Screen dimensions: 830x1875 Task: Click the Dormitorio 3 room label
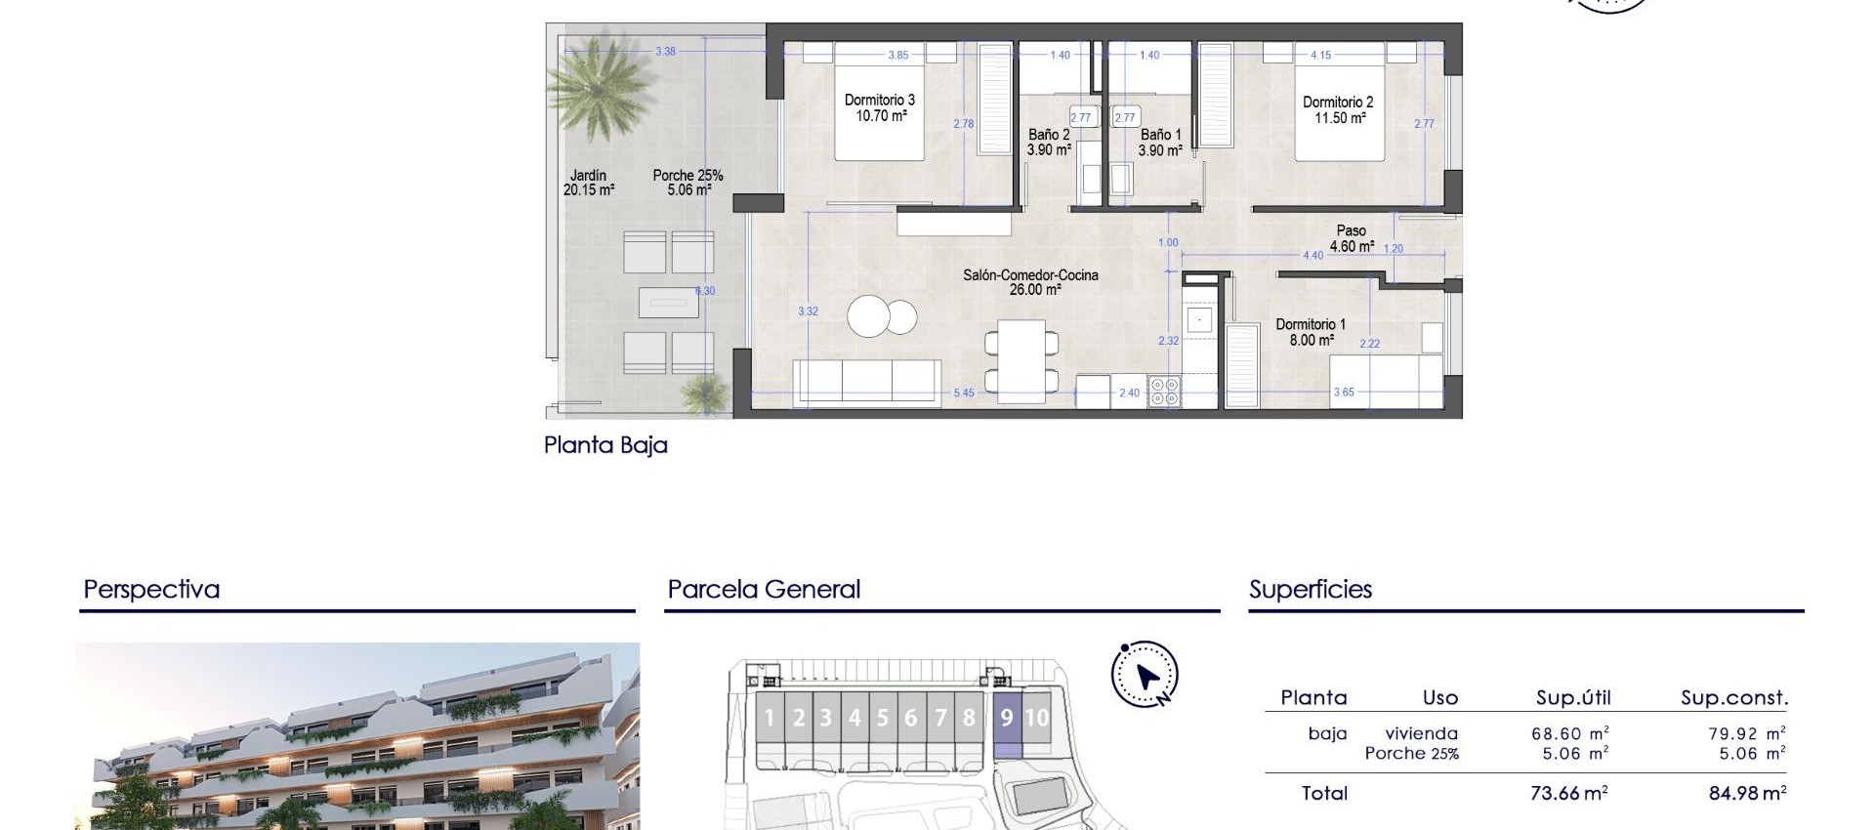880,107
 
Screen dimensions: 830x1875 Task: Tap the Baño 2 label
1049,143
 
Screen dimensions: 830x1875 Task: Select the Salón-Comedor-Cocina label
1030,282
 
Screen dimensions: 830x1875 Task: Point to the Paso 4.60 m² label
1352,239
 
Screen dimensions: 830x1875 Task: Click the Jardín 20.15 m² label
588,183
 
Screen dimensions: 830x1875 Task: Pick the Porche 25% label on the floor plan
687,183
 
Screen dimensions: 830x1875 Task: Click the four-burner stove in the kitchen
1164,392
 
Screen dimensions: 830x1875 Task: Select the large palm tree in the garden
597,83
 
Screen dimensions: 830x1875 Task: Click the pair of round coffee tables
881,316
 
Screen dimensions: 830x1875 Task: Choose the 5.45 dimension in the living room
963,394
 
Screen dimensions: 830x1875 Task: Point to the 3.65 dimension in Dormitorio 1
1344,393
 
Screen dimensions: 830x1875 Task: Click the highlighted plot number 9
1007,719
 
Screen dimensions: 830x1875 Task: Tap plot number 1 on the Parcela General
769,719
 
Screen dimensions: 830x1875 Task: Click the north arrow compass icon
1145,675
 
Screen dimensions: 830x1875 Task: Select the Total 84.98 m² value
1747,794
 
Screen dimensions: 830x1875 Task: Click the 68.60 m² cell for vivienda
1569,733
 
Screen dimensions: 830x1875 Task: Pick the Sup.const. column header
1733,698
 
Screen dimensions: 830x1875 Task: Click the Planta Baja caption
605,445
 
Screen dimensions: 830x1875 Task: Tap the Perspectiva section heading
151,590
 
